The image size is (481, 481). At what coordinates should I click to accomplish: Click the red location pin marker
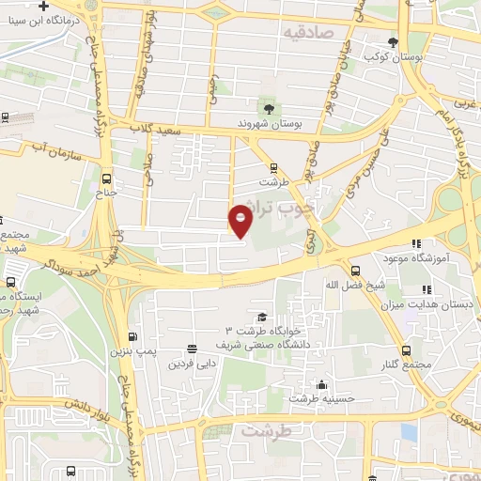(241, 222)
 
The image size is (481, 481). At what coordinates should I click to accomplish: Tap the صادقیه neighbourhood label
(311, 32)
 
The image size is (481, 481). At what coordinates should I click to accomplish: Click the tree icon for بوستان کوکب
(393, 41)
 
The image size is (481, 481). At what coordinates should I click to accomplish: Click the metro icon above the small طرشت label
(273, 168)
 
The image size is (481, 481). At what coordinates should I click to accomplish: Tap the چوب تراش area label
(287, 209)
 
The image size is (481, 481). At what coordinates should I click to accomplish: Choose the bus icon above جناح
(105, 178)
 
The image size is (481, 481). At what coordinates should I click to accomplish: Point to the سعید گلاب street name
(151, 127)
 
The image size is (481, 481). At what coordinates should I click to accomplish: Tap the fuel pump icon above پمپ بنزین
(135, 338)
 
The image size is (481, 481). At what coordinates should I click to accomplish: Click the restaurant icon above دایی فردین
(193, 348)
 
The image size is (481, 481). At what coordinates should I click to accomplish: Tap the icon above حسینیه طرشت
(322, 384)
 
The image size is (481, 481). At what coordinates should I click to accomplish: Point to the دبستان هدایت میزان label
(423, 303)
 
